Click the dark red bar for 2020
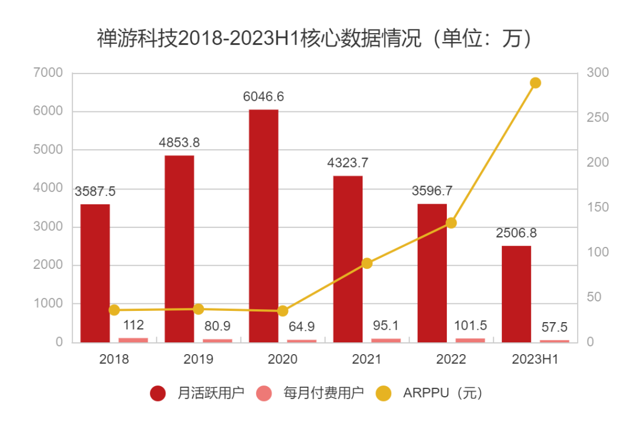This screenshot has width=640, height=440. coord(264,226)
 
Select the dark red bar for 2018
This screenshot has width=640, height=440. coord(95,273)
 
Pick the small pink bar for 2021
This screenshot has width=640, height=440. coord(386,340)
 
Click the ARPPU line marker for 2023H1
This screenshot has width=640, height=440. coord(535,83)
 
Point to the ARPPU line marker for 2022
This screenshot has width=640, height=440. coord(451,223)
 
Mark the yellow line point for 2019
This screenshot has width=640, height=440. coord(199,309)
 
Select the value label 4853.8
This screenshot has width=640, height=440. coord(180,143)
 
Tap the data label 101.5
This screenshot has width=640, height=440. coord(470,326)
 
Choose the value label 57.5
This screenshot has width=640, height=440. coord(554,327)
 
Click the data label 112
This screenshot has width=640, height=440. coord(133,325)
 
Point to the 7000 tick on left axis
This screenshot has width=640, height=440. coord(49,73)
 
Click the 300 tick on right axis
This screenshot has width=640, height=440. coord(597,73)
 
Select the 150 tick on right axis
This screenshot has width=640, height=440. coord(597,207)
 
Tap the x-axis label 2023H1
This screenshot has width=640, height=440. coord(535,359)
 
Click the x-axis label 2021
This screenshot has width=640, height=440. coord(367,359)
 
